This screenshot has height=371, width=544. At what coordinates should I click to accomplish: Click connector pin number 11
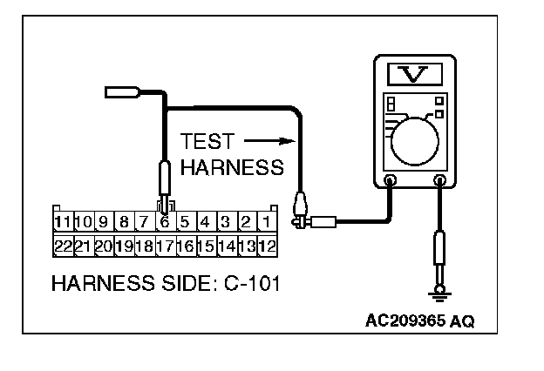coord(63,221)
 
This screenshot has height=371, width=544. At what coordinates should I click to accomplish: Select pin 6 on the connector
coord(164,221)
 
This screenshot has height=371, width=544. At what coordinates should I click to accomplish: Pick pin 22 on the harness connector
coord(63,246)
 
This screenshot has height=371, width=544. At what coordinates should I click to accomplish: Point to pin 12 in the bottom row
coord(267,246)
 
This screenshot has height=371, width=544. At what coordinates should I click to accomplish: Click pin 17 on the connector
coord(164,246)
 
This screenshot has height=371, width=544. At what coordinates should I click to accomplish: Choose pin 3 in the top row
coord(225,221)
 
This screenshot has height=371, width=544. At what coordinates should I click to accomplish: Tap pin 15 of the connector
coord(206,246)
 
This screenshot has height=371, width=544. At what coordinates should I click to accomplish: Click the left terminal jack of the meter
coord(391,183)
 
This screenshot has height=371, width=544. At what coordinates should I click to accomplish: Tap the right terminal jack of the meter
coord(440,183)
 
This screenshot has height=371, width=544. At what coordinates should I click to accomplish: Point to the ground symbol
coord(440,296)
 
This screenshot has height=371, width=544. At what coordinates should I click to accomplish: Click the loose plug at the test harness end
coord(119,90)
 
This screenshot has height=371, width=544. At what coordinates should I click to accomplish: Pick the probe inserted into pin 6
coord(164,184)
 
